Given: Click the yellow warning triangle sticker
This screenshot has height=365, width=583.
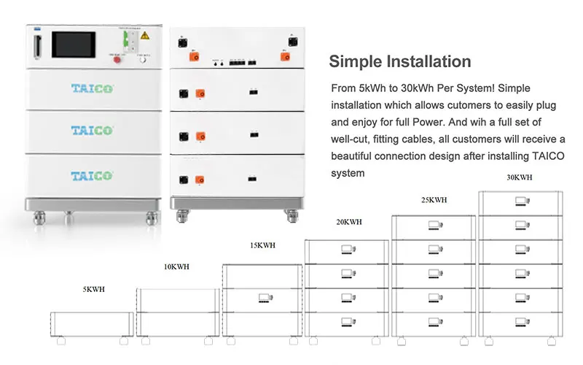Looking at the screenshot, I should pyautogui.click(x=145, y=34).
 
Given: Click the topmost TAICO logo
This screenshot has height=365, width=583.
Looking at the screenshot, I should pyautogui.click(x=92, y=90).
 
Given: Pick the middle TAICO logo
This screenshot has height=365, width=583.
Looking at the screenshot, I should pyautogui.click(x=92, y=131).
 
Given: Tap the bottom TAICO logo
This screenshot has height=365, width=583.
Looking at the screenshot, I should pyautogui.click(x=92, y=176).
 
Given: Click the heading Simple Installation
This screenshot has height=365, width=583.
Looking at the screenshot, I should pyautogui.click(x=400, y=61).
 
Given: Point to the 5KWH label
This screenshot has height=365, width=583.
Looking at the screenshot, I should pyautogui.click(x=93, y=290).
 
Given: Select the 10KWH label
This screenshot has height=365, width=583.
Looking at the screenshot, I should pyautogui.click(x=176, y=267).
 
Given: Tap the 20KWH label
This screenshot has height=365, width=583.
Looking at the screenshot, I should pyautogui.click(x=348, y=222).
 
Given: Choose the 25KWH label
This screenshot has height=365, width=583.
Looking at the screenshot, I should pyautogui.click(x=435, y=199).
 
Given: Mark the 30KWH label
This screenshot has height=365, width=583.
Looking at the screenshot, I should pyautogui.click(x=519, y=177).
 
